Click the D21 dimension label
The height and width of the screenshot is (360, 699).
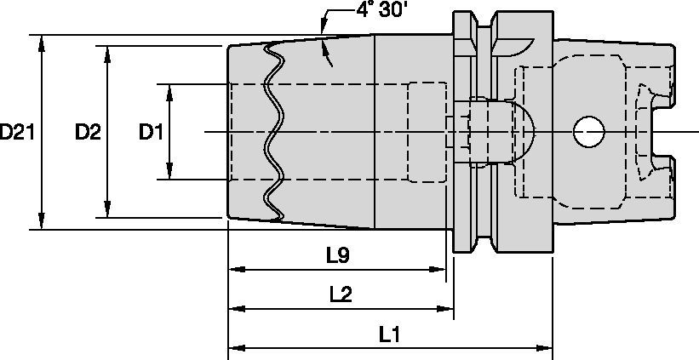pos(17,132)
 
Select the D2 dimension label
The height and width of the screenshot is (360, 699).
pos(87,132)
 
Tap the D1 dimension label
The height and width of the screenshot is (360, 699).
pos(152,132)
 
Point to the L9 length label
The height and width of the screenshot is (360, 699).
pos(338,254)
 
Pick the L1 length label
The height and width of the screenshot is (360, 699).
pos(390,334)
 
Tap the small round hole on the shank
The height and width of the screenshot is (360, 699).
pos(587,132)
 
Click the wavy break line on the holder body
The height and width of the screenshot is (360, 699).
pos(274,132)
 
